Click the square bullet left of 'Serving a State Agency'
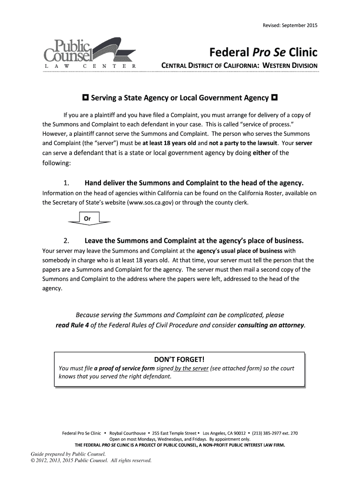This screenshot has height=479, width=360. point(86,98)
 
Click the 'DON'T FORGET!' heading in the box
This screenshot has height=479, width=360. point(180,359)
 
